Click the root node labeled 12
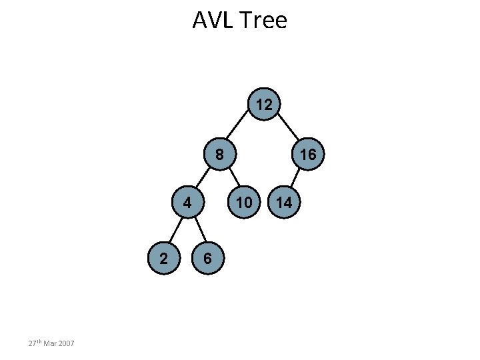[x=263, y=105]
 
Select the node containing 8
[x=219, y=155]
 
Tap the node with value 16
[x=308, y=155]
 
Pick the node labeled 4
[x=189, y=202]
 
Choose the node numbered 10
[x=245, y=202]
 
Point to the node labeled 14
[x=285, y=202]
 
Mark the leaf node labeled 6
[x=208, y=259]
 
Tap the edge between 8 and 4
[x=203, y=179]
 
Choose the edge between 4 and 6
[x=199, y=231]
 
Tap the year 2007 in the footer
[x=66, y=343]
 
